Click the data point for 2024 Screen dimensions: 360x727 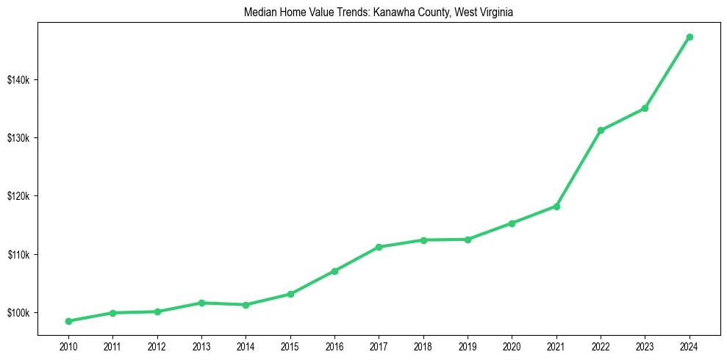tap(690, 37)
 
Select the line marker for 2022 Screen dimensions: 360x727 tap(601, 130)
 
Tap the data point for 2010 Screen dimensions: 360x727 tap(68, 321)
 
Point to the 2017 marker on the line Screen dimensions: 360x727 tap(379, 247)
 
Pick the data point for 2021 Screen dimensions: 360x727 tap(556, 206)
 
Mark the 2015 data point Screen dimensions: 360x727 tap(290, 294)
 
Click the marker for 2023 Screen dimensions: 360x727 tap(645, 108)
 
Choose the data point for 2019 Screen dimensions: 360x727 tap(468, 240)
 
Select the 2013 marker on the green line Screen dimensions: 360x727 tap(201, 303)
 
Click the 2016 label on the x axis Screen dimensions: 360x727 tap(334, 346)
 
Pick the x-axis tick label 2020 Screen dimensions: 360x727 tap(512, 346)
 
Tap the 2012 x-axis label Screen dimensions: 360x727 tap(157, 346)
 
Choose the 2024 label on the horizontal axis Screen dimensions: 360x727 tap(690, 346)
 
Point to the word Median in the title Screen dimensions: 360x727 tap(259, 12)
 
